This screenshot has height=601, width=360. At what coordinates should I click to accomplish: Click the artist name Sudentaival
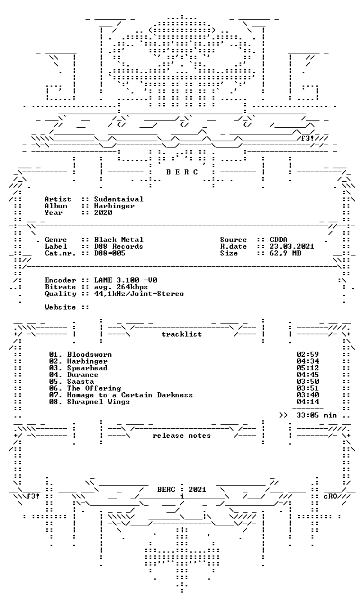[x=119, y=199]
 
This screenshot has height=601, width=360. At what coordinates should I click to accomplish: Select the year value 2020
[x=103, y=213]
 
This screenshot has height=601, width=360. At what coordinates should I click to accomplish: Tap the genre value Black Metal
[x=119, y=240]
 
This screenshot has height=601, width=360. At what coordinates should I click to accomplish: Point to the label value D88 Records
[x=119, y=246]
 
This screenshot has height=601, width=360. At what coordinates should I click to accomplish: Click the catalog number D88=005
[x=110, y=253]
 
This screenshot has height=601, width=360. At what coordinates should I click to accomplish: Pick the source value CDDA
[x=278, y=240]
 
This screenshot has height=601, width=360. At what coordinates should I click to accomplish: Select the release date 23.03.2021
[x=292, y=246]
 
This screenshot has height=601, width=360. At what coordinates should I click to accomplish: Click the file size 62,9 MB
[x=285, y=253]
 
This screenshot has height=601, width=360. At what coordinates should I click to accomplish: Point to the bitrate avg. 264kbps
[x=121, y=287]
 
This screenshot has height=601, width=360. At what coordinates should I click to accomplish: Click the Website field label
[x=60, y=307]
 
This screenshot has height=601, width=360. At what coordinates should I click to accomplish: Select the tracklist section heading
[x=182, y=334]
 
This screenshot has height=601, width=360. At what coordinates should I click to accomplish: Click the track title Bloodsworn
[x=89, y=355]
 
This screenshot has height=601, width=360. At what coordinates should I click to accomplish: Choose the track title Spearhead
[x=87, y=368]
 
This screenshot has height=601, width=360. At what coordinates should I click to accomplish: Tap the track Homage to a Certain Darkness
[x=130, y=395]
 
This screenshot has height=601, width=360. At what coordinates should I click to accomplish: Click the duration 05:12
[x=308, y=368]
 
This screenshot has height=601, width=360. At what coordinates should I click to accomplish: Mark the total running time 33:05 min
[x=317, y=415]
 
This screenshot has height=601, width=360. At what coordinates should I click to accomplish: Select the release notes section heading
[x=182, y=436]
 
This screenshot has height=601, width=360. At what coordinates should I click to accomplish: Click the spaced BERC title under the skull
[x=182, y=172]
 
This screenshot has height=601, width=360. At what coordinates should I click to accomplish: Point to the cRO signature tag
[x=330, y=496]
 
